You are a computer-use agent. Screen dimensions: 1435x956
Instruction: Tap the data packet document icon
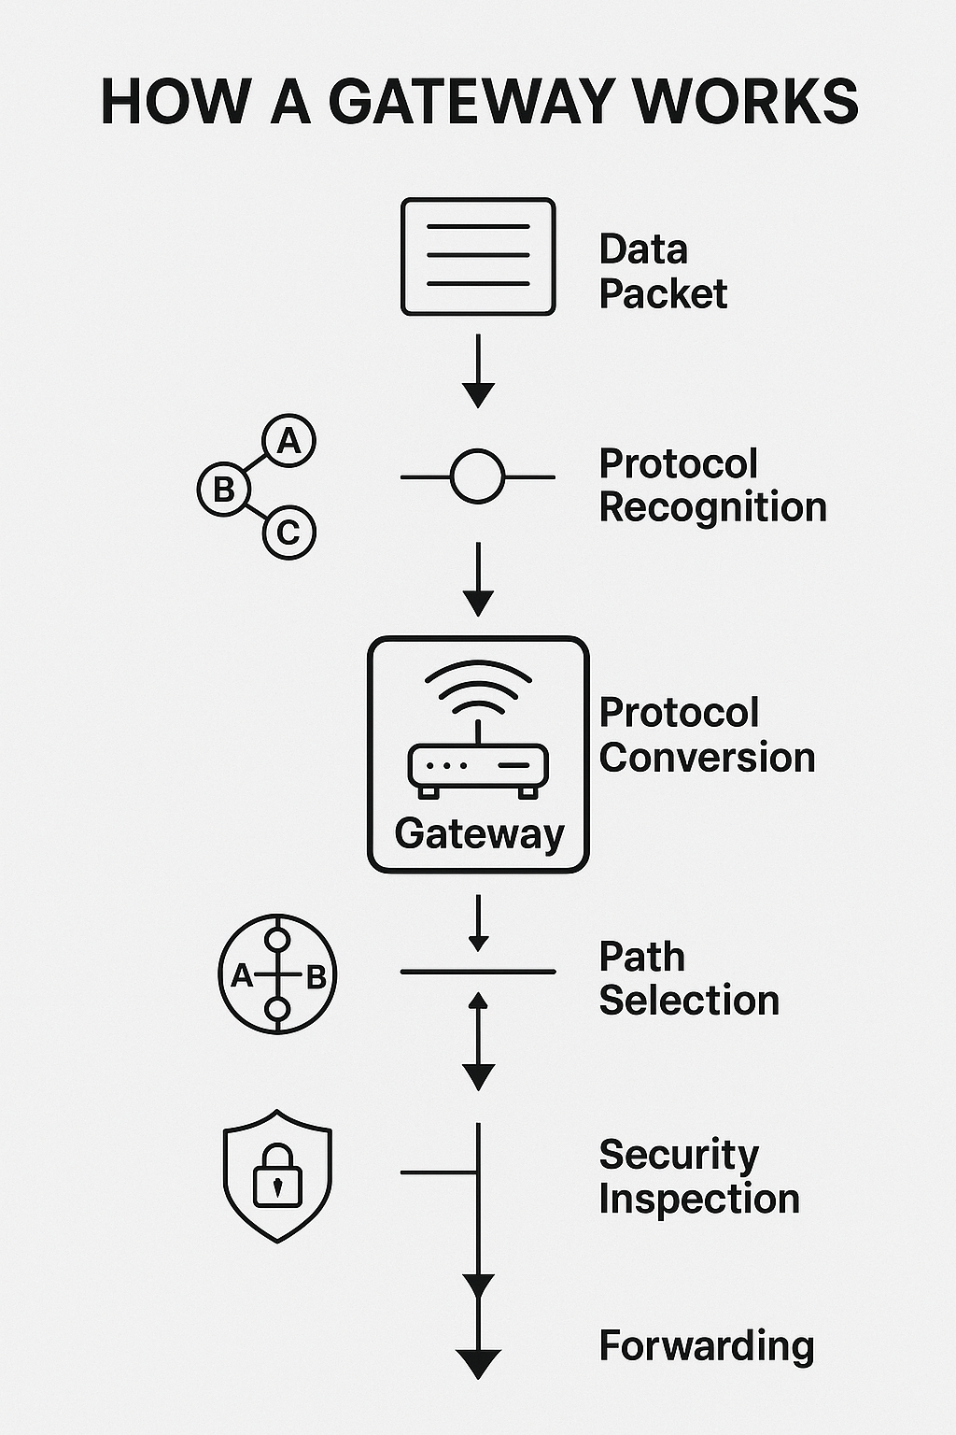(x=478, y=256)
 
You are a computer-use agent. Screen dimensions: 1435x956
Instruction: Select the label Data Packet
(x=662, y=272)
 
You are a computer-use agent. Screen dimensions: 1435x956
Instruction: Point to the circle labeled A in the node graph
(x=289, y=440)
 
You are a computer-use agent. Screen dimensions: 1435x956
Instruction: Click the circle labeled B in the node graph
(x=224, y=489)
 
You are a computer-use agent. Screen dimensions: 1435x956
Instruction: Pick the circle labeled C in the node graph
(x=289, y=533)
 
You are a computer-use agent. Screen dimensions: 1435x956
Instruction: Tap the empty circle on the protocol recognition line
(x=477, y=476)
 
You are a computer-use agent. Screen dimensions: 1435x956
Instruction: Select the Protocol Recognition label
(x=712, y=486)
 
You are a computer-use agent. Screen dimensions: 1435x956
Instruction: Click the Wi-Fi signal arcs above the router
(x=478, y=687)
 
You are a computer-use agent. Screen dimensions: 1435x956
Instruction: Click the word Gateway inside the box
(x=480, y=833)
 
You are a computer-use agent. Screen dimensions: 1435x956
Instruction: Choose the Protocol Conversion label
(x=707, y=735)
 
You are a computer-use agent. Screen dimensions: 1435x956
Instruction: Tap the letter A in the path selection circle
(x=242, y=977)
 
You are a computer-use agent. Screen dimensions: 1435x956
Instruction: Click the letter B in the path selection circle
(x=316, y=977)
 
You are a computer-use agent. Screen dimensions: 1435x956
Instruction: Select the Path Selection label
(x=688, y=979)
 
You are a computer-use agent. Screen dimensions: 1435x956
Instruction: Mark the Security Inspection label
(x=698, y=1177)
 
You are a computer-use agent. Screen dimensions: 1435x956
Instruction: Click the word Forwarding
(x=707, y=1346)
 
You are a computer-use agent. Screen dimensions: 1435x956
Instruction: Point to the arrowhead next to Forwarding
(x=478, y=1363)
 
